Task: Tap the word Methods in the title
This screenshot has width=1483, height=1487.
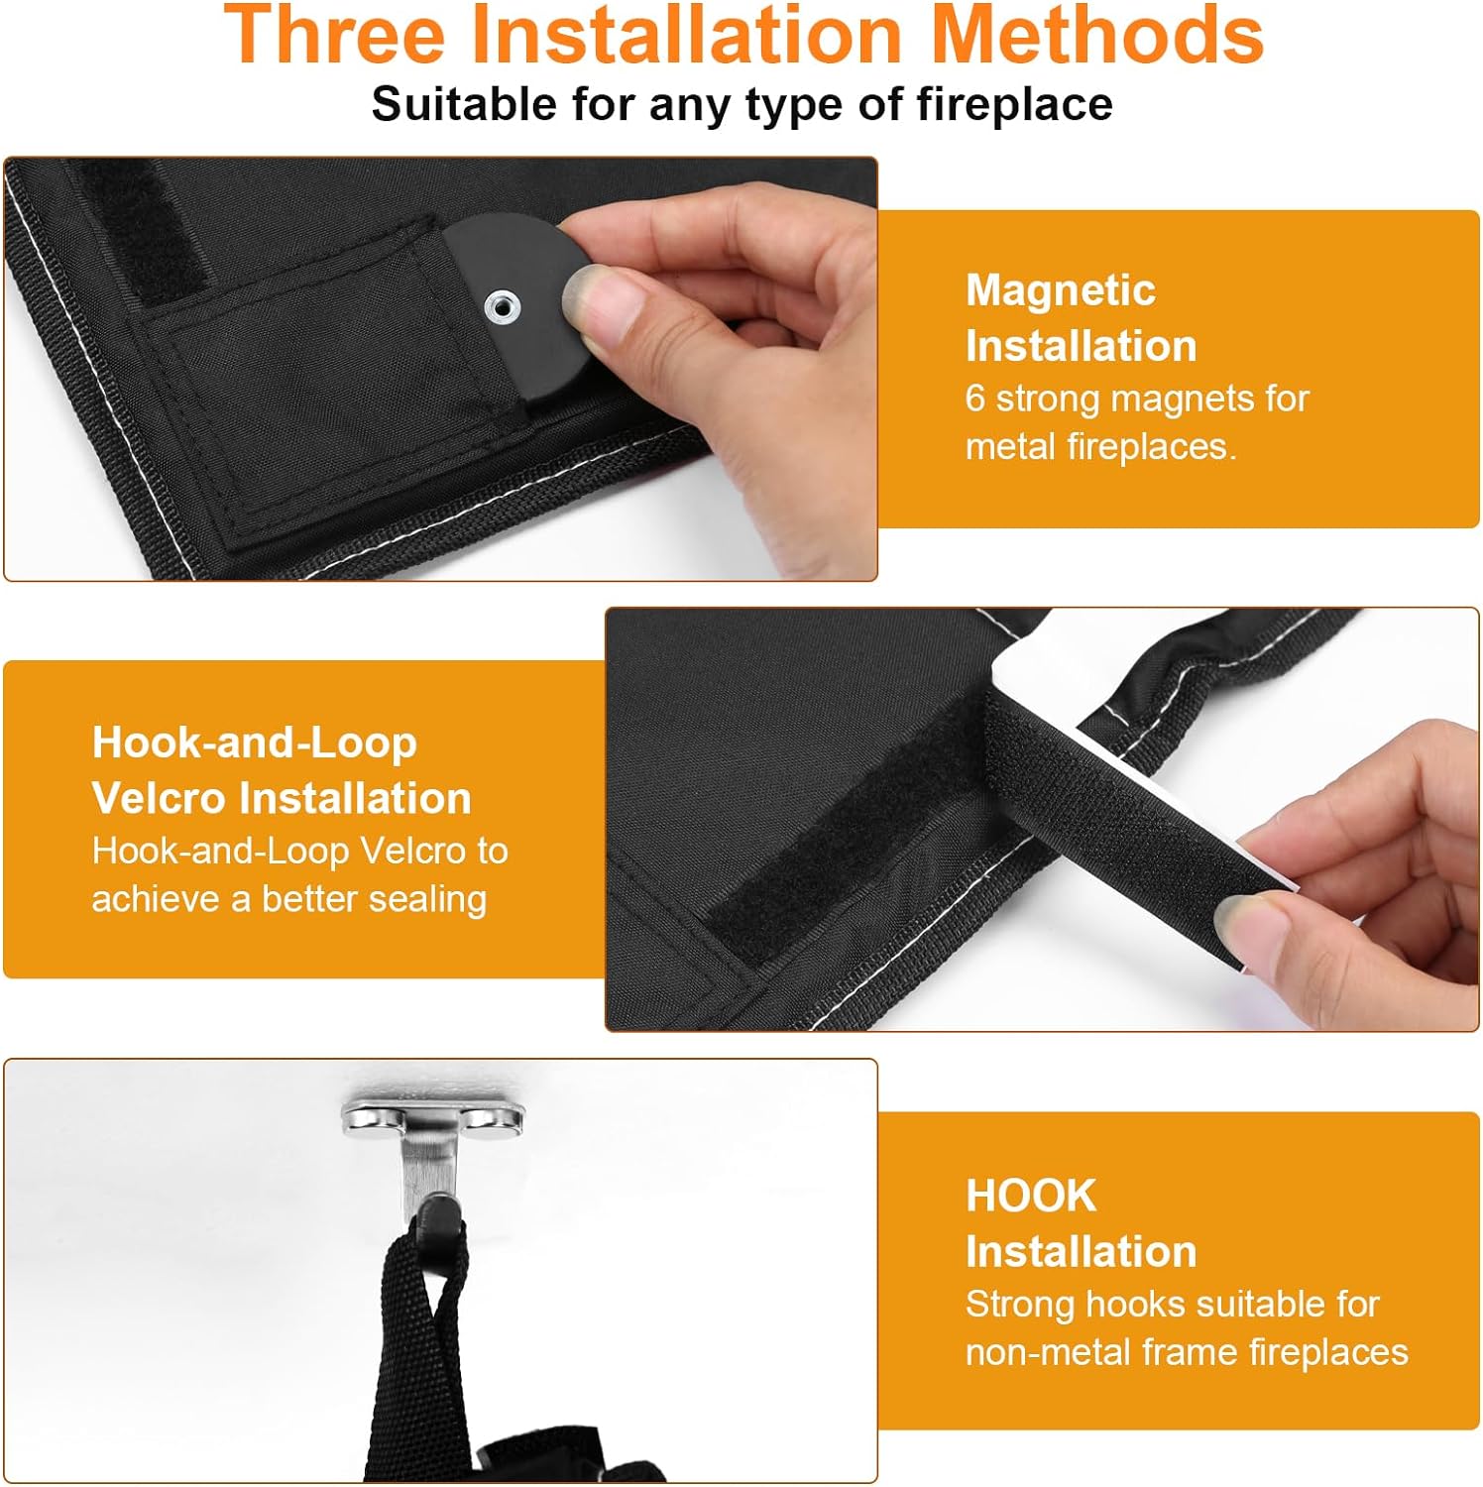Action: pos(1097,35)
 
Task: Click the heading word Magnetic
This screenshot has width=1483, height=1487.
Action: pos(1061,290)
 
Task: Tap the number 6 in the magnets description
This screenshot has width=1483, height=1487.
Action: pos(975,399)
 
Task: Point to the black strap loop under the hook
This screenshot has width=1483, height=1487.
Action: pos(421,1338)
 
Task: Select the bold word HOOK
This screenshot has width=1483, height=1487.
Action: pos(1031,1196)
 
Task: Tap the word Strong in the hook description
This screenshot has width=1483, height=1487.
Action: pos(1020,1305)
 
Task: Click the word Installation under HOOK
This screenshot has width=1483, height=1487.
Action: pos(1081,1251)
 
